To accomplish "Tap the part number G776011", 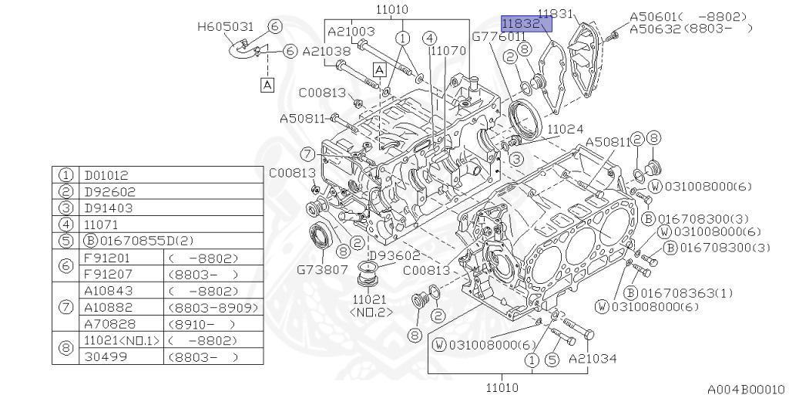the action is click(x=499, y=37).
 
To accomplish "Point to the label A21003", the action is click(x=351, y=32).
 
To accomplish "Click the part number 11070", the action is click(x=448, y=51).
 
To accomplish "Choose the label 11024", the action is click(x=565, y=129).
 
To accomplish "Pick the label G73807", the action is click(x=322, y=269).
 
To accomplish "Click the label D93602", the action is click(x=394, y=256).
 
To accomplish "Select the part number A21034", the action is click(x=593, y=359).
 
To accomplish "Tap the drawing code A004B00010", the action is click(x=746, y=389).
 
